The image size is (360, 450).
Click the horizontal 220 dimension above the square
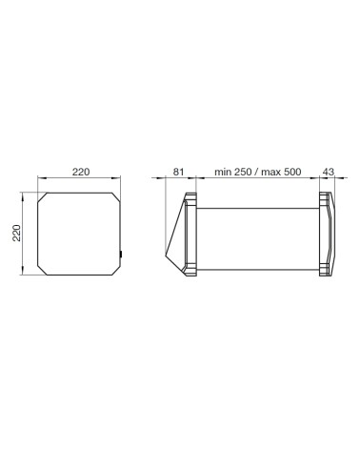80,172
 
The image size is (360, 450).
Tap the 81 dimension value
178,172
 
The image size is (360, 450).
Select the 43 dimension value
329,172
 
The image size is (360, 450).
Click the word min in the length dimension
224,172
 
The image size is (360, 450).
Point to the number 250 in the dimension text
245,172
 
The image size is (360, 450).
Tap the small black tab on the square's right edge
122,253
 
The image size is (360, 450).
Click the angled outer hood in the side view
175,238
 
